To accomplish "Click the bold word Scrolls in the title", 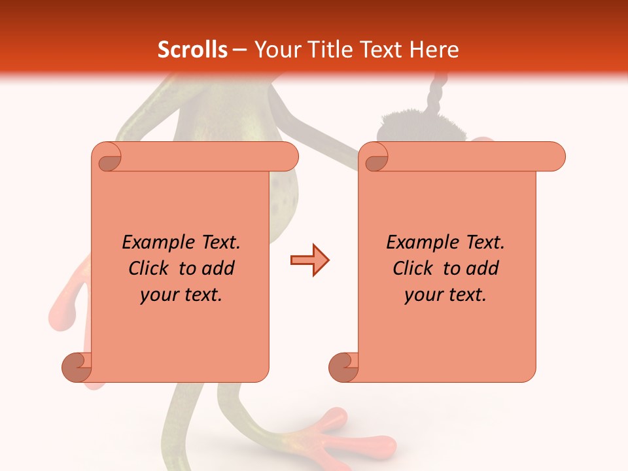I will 193,50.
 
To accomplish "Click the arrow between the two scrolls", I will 309,260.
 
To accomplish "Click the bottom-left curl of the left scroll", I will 77,367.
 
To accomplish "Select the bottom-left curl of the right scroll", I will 344,367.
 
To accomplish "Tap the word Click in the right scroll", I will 414,268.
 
